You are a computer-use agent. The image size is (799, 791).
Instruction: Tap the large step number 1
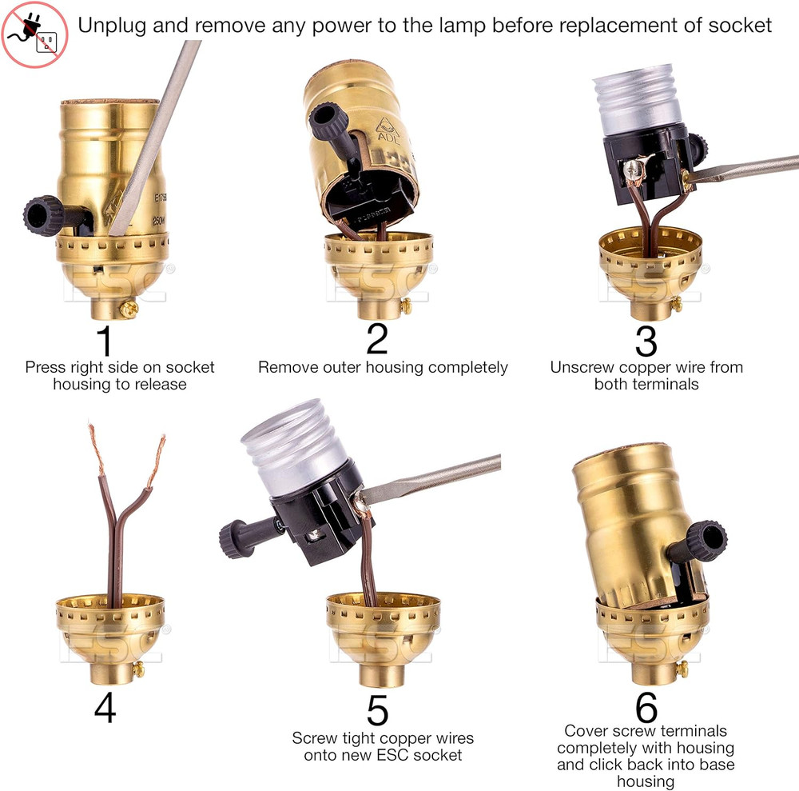coord(105,339)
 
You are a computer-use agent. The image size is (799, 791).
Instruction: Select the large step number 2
coord(376,338)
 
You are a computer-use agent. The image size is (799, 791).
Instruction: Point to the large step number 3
coord(646,340)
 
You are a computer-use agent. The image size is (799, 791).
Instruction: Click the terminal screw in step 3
coord(632,169)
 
